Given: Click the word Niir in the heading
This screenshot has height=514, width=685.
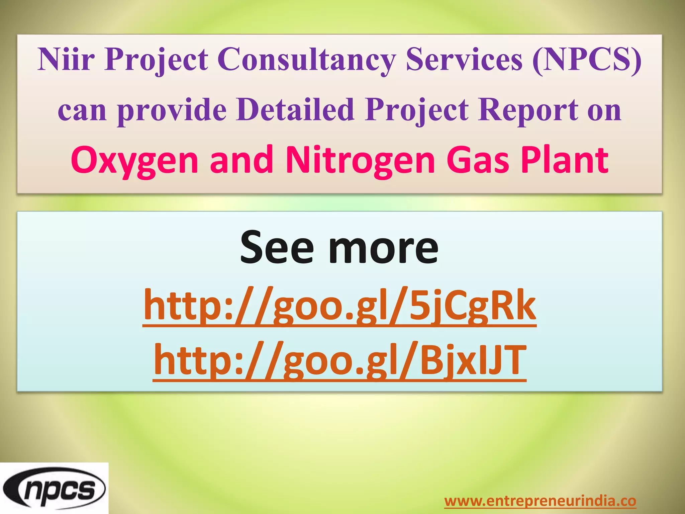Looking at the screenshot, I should [66, 59].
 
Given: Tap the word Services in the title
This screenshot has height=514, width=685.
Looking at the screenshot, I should [464, 59].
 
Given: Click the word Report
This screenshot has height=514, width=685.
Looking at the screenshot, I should [528, 110].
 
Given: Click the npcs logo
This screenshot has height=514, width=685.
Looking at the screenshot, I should [54, 489].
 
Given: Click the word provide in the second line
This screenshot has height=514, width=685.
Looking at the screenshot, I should [172, 110].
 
